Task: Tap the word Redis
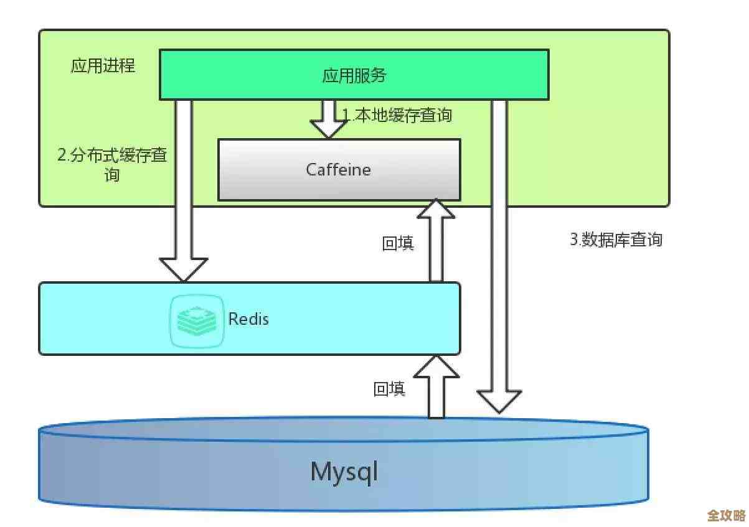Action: tap(248, 319)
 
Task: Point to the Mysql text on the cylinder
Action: tap(344, 472)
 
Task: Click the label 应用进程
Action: tap(103, 66)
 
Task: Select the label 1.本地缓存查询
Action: tap(397, 115)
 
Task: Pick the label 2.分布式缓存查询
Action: tap(112, 164)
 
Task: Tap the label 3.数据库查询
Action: tap(616, 240)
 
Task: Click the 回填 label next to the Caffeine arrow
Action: tap(398, 243)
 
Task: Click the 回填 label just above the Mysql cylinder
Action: tap(389, 389)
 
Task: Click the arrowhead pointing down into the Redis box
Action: tap(183, 269)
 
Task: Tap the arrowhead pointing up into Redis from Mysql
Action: tap(436, 366)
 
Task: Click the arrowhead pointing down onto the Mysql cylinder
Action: tap(499, 401)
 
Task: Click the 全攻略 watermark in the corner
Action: tap(726, 516)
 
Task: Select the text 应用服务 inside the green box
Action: tap(354, 75)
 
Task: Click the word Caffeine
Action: tap(338, 169)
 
